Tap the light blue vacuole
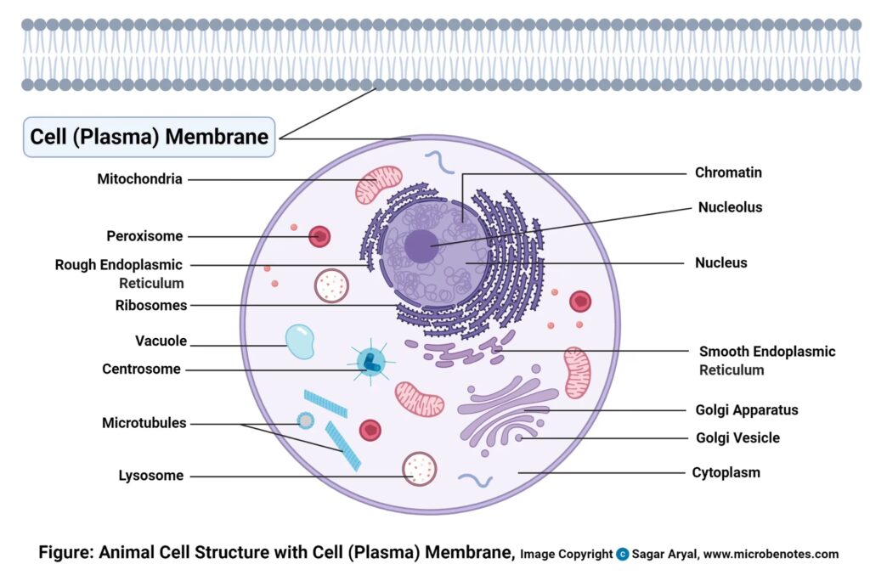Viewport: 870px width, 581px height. point(299,341)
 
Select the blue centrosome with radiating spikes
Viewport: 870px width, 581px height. point(370,361)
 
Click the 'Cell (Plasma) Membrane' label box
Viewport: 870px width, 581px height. point(150,137)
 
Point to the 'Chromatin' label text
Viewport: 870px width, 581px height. point(728,172)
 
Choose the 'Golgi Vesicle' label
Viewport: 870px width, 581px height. point(737,438)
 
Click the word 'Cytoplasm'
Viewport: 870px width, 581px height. point(726,472)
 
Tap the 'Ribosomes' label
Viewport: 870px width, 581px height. point(151,305)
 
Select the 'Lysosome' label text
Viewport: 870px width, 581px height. point(150,476)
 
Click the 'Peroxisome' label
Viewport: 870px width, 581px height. point(144,236)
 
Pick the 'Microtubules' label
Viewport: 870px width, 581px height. point(144,423)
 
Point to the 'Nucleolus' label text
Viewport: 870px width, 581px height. point(730,207)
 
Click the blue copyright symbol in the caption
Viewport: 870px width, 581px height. point(623,555)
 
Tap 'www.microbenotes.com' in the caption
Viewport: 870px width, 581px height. point(771,555)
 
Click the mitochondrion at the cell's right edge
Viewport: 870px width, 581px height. point(578,371)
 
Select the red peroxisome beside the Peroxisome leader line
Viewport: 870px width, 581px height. point(319,236)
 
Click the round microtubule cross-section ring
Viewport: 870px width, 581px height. point(305,420)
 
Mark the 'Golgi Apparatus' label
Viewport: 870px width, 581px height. point(746,410)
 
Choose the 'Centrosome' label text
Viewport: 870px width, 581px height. point(141,369)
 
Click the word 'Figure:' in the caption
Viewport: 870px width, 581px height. point(66,553)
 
